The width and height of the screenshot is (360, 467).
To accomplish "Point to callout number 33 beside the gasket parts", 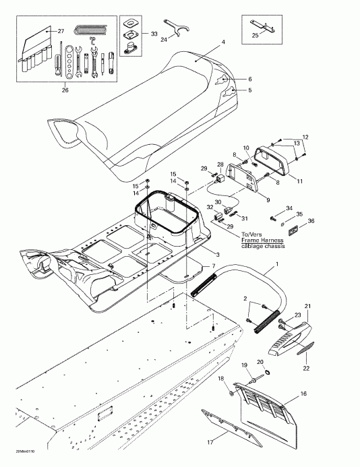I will (154, 34).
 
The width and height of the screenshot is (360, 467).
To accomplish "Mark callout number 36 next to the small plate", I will (311, 221).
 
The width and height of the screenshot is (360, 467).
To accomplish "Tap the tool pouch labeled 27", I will (36, 47).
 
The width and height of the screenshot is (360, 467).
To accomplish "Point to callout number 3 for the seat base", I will (216, 253).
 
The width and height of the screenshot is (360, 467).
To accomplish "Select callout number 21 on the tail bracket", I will (308, 307).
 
